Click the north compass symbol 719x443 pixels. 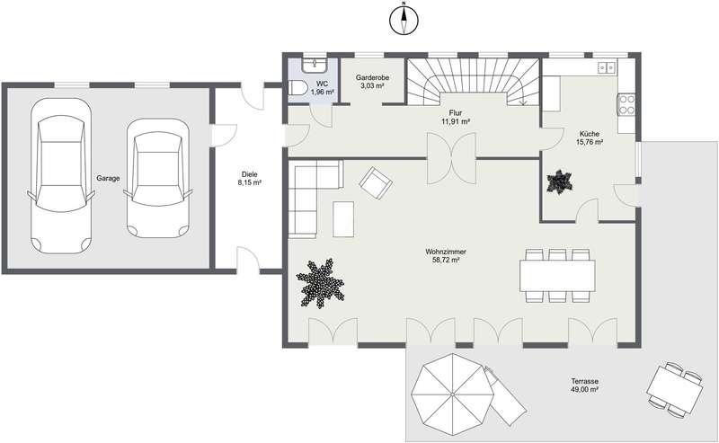pyautogui.click(x=404, y=19)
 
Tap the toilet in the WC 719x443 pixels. pyautogui.click(x=298, y=87)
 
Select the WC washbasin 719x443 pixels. pyautogui.click(x=314, y=65)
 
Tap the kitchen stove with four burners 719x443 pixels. pyautogui.click(x=626, y=104)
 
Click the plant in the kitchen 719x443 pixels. pyautogui.click(x=559, y=182)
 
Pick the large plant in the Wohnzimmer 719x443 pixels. pyautogui.click(x=320, y=283)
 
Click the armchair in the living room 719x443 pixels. pyautogui.click(x=376, y=183)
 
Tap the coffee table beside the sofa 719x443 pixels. pyautogui.click(x=343, y=219)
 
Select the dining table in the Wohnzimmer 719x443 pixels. pyautogui.click(x=557, y=276)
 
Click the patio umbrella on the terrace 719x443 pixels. pyautogui.click(x=452, y=394)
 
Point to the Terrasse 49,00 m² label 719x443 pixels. pyautogui.click(x=585, y=385)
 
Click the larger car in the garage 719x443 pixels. pyautogui.click(x=61, y=176)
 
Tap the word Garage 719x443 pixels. pyautogui.click(x=108, y=179)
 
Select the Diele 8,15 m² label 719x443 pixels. pyautogui.click(x=250, y=179)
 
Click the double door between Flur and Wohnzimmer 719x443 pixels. pyautogui.click(x=452, y=159)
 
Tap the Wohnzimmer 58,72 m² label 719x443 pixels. pyautogui.click(x=446, y=256)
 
